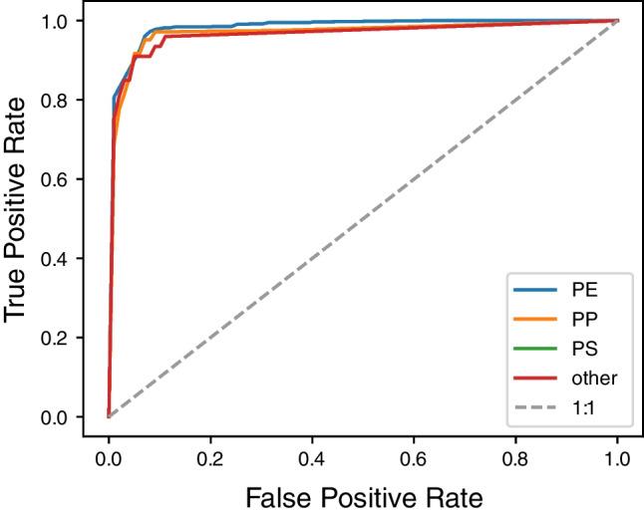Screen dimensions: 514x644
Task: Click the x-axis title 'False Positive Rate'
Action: coord(363,494)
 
